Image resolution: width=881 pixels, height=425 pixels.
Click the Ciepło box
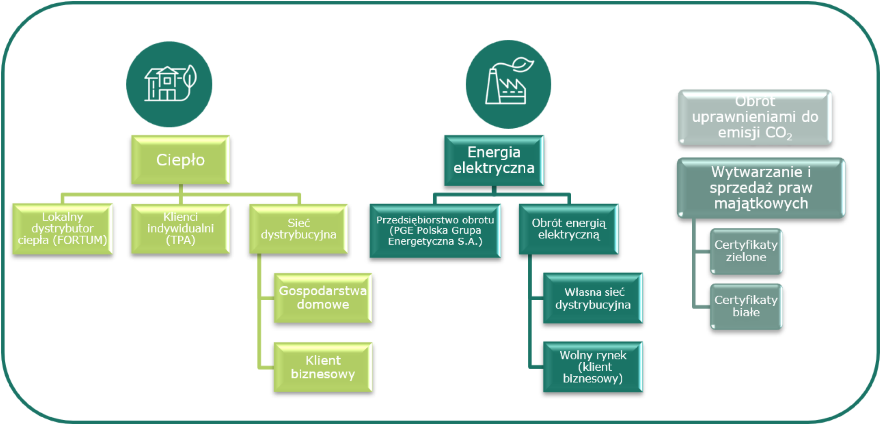(180, 160)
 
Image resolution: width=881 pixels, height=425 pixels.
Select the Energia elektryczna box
(494, 160)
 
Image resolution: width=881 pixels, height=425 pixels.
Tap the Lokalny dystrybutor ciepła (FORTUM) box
(62, 229)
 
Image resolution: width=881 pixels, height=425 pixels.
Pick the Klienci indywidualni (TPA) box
(180, 229)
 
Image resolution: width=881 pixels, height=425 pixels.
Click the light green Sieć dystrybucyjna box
(298, 229)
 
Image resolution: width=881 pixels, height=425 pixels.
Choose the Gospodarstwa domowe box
(323, 298)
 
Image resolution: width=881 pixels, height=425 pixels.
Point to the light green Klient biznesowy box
(323, 367)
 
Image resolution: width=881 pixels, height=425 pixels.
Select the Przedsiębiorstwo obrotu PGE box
(435, 230)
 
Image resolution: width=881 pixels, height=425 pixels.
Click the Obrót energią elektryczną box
(569, 229)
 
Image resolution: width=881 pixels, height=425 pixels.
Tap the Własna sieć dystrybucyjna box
(593, 298)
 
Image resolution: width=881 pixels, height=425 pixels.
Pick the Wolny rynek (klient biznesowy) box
(593, 367)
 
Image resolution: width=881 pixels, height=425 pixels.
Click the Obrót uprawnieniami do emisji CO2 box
(755, 117)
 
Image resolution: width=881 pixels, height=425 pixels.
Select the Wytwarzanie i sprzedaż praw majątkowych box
(761, 188)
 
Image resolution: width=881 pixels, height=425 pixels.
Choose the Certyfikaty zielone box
(746, 251)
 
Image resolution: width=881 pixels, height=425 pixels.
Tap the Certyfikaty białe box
(746, 306)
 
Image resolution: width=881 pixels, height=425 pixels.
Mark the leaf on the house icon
(190, 76)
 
